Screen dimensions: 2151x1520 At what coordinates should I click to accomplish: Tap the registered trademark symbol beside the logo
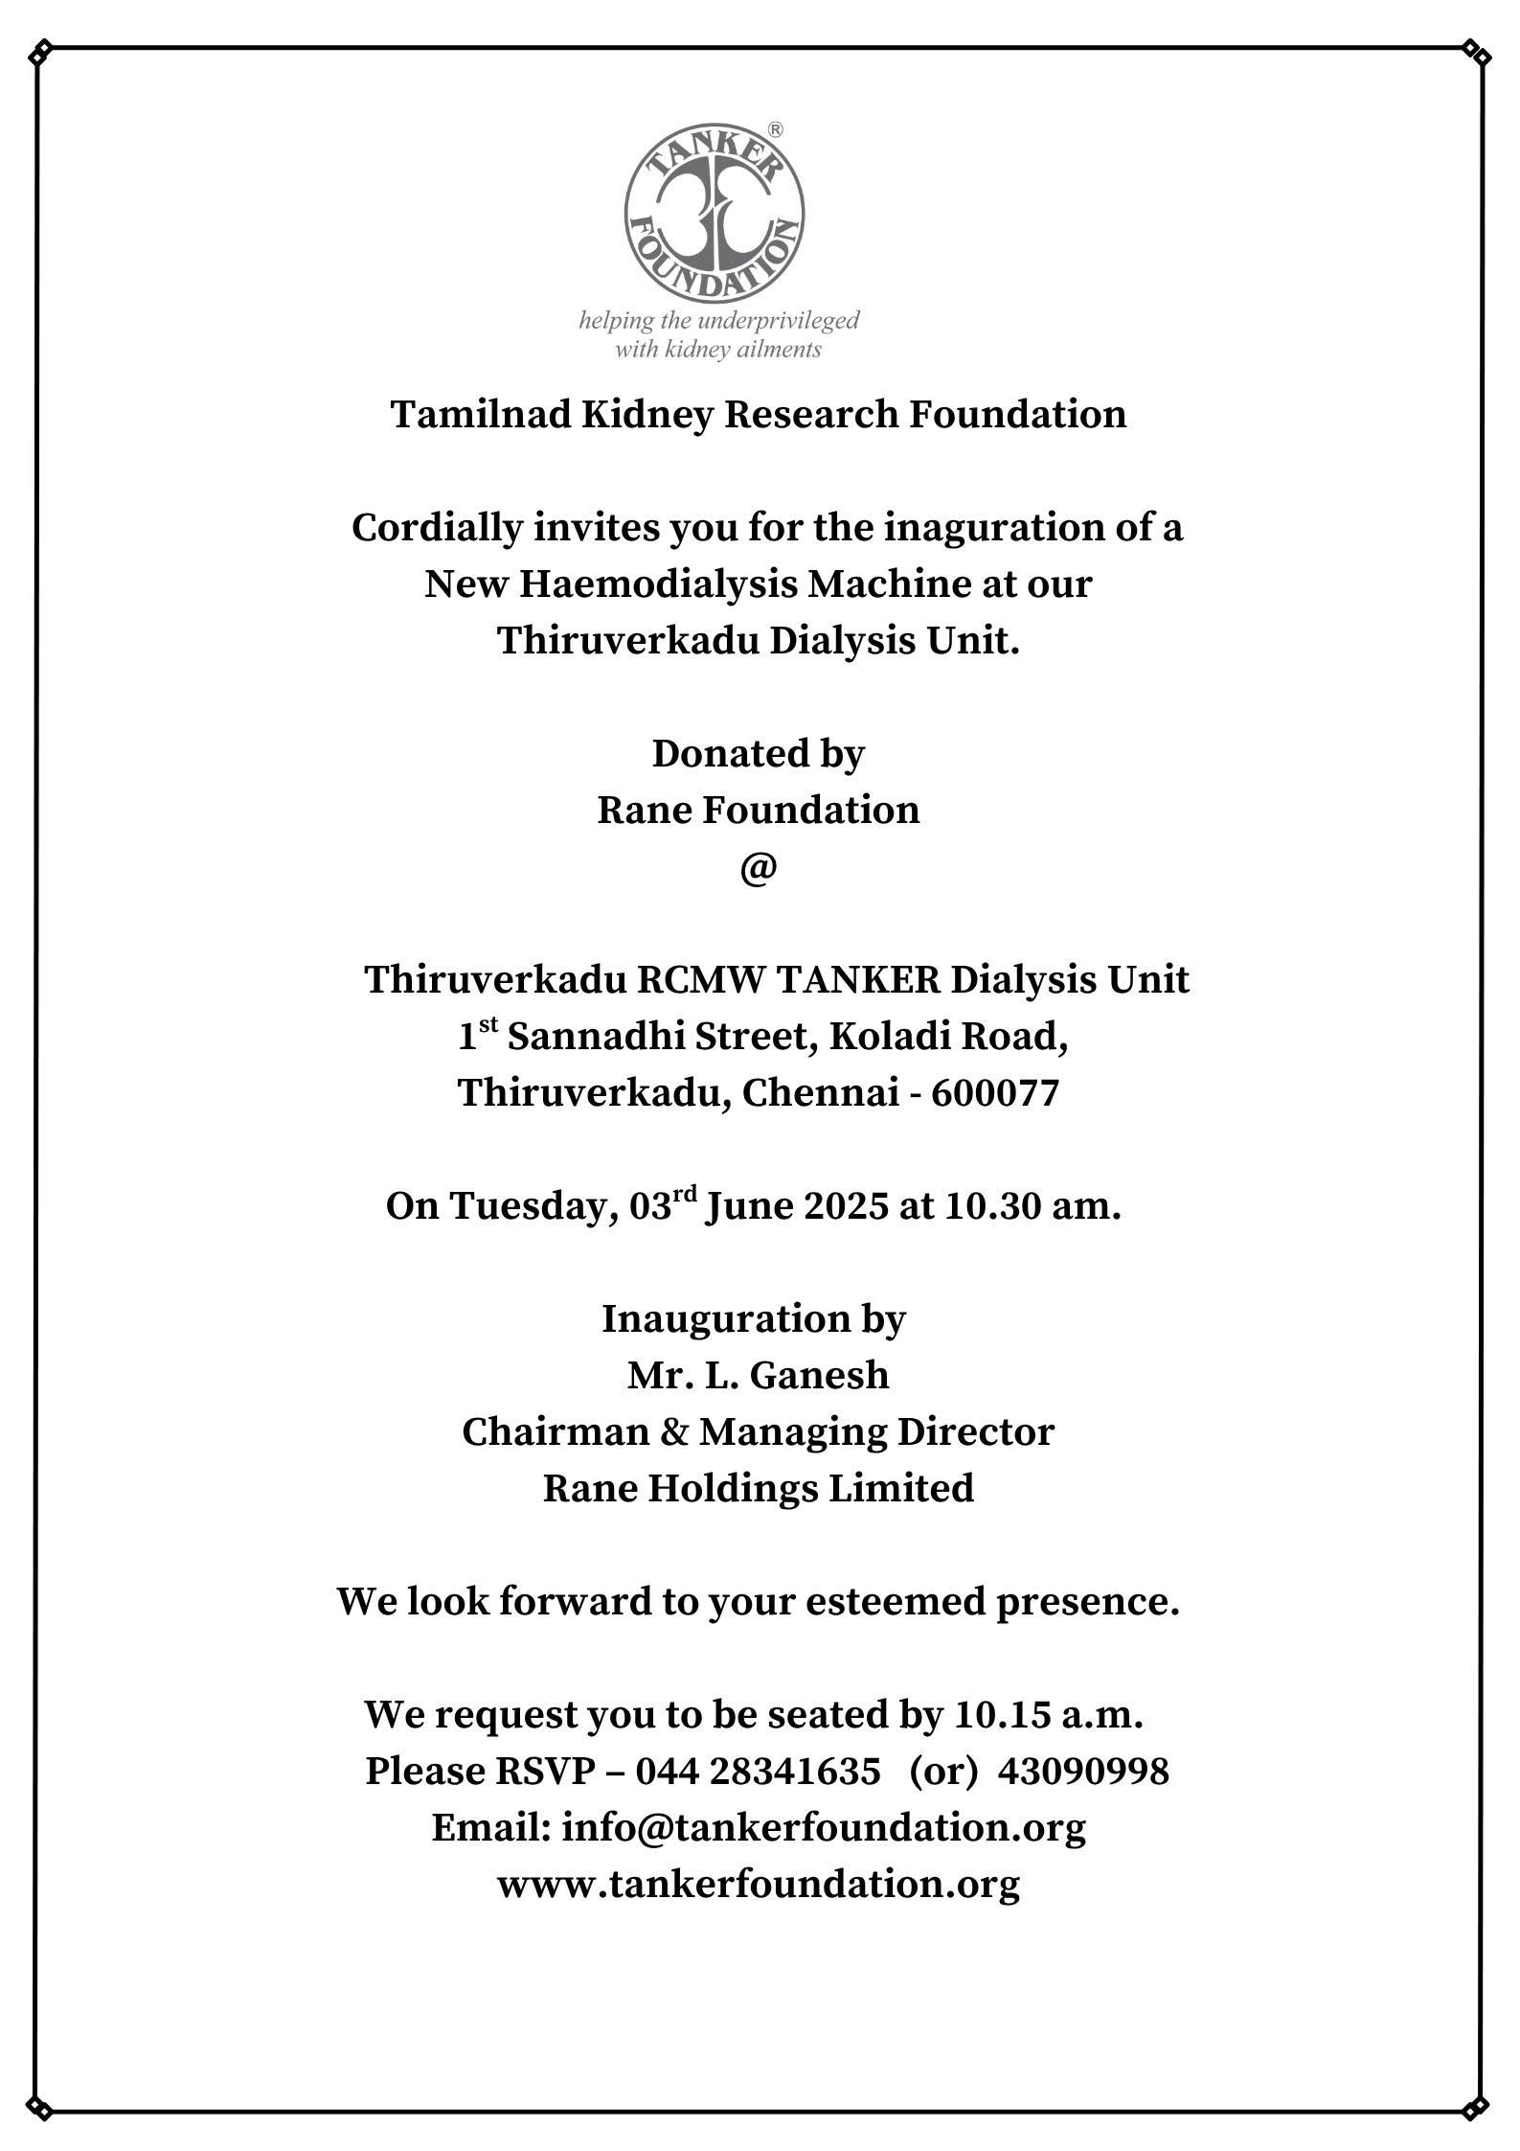(776, 129)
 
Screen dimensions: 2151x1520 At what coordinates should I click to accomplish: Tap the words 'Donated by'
(758, 754)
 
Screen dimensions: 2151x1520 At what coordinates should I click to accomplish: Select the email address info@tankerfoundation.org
(824, 1828)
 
